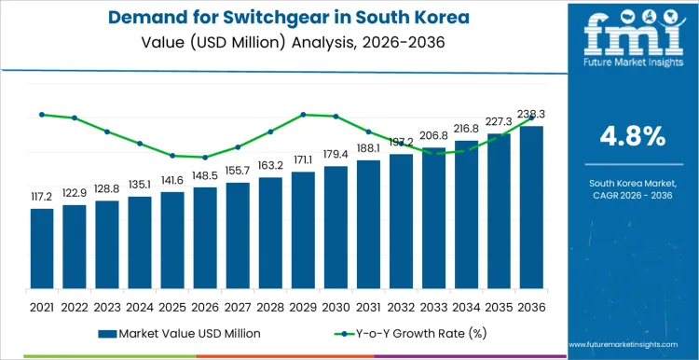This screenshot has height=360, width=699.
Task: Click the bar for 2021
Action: (x=42, y=249)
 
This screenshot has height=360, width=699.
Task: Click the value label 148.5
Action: (x=205, y=175)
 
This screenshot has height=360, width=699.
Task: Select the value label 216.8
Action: (x=466, y=129)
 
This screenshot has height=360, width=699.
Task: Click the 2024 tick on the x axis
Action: (x=140, y=306)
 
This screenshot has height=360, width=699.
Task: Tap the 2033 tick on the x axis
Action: (x=433, y=306)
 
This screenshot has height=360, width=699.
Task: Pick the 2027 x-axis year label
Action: (x=238, y=306)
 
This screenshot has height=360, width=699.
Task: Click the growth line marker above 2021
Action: (x=42, y=115)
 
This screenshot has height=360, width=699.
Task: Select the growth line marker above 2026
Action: (x=205, y=158)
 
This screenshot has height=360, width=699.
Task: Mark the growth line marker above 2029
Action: (x=303, y=115)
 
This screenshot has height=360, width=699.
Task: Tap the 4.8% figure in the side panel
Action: (x=632, y=136)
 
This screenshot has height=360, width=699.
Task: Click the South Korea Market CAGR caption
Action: (x=632, y=192)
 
